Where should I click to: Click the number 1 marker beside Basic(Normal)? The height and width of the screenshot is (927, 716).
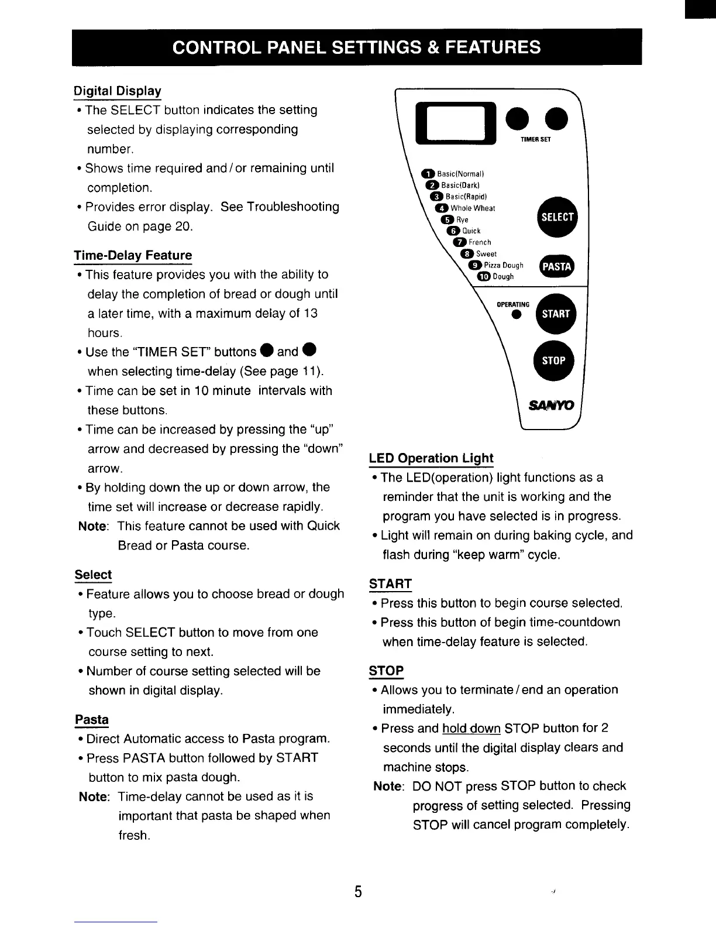pos(428,174)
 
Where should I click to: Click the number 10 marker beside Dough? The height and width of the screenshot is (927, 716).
pos(484,277)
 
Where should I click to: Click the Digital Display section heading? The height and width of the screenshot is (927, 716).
pos(118,91)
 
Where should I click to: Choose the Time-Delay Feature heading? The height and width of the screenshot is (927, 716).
pos(133,256)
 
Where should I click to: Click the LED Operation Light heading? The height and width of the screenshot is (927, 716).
pos(431,458)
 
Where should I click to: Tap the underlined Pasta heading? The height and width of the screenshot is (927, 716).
pos(92,719)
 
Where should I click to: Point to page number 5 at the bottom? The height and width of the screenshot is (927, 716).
pos(358,892)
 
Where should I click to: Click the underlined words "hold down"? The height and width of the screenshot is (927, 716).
pos(471,729)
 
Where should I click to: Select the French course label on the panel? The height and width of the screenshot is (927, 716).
pos(480,242)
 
